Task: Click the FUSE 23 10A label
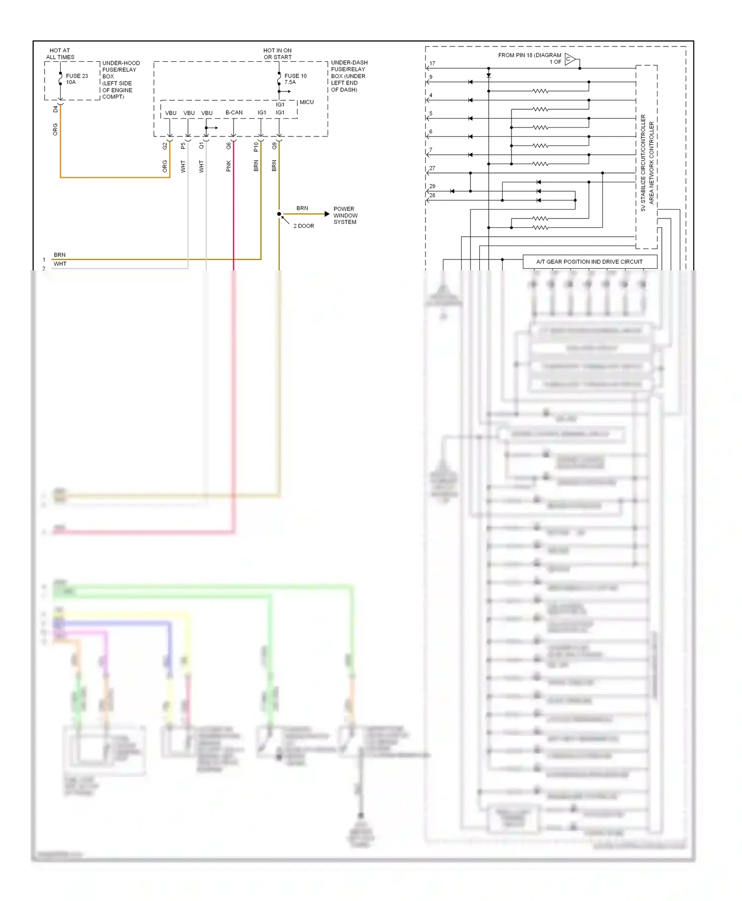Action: pyautogui.click(x=76, y=79)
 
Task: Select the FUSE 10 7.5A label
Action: pyautogui.click(x=295, y=79)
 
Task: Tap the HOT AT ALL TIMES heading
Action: pyautogui.click(x=60, y=54)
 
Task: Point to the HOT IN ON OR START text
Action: pyautogui.click(x=278, y=54)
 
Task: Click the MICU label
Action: pyautogui.click(x=306, y=102)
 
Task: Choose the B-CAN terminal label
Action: pyautogui.click(x=234, y=113)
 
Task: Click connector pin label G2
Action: pyautogui.click(x=165, y=146)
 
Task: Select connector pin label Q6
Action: pyautogui.click(x=229, y=146)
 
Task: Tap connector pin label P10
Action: pyautogui.click(x=256, y=147)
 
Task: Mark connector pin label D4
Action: pyautogui.click(x=55, y=109)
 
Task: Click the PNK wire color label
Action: pyautogui.click(x=229, y=166)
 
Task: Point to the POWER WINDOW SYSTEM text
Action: pyautogui.click(x=345, y=215)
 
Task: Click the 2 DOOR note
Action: pyautogui.click(x=303, y=226)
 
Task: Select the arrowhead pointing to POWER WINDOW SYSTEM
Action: pyautogui.click(x=326, y=214)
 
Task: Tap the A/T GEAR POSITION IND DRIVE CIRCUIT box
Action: pyautogui.click(x=589, y=261)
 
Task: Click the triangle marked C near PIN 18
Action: pyautogui.click(x=569, y=59)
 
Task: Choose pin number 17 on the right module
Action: pyautogui.click(x=432, y=63)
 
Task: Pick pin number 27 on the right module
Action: pyautogui.click(x=432, y=168)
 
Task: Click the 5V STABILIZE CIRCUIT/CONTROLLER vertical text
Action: pyautogui.click(x=643, y=163)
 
